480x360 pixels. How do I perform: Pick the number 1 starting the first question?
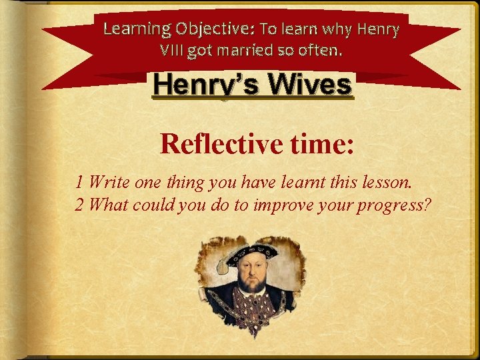click(79, 181)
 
